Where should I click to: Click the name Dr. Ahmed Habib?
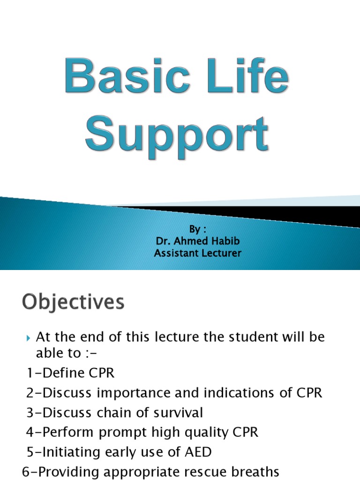click(x=198, y=241)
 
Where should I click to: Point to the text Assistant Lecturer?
click(x=198, y=254)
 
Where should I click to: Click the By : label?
click(x=197, y=229)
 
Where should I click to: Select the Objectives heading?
click(x=73, y=302)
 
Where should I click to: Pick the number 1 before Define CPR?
click(x=29, y=374)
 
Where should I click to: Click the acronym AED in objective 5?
click(x=199, y=452)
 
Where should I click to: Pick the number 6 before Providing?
click(x=26, y=472)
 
